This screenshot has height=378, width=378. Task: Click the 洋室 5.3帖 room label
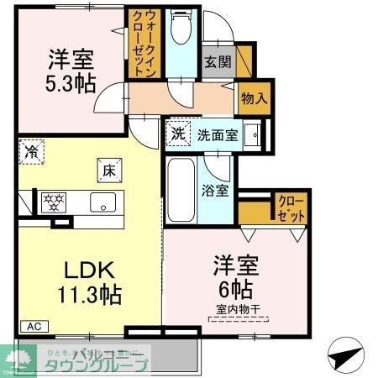pos(71,71)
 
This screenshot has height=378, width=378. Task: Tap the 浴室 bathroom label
pos(215,190)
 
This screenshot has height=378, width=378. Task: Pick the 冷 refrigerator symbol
pos(31,153)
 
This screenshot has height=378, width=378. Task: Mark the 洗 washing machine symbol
pos(178,133)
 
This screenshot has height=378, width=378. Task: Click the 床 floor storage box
pos(108,169)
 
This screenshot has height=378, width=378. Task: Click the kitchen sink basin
pos(103,202)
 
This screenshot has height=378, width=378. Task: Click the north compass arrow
pos(344,355)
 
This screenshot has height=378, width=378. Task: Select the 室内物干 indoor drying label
pos(235,309)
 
